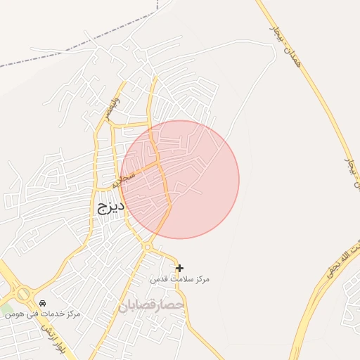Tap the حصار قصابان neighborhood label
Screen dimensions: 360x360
point(150,305)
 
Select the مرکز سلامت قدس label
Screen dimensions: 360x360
point(180,279)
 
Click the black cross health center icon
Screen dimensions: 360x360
point(180,268)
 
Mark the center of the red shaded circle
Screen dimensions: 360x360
point(180,179)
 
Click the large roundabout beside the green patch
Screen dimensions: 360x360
point(23,292)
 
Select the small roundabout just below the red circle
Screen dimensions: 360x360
point(148,247)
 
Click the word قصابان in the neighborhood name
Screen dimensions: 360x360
point(136,306)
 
